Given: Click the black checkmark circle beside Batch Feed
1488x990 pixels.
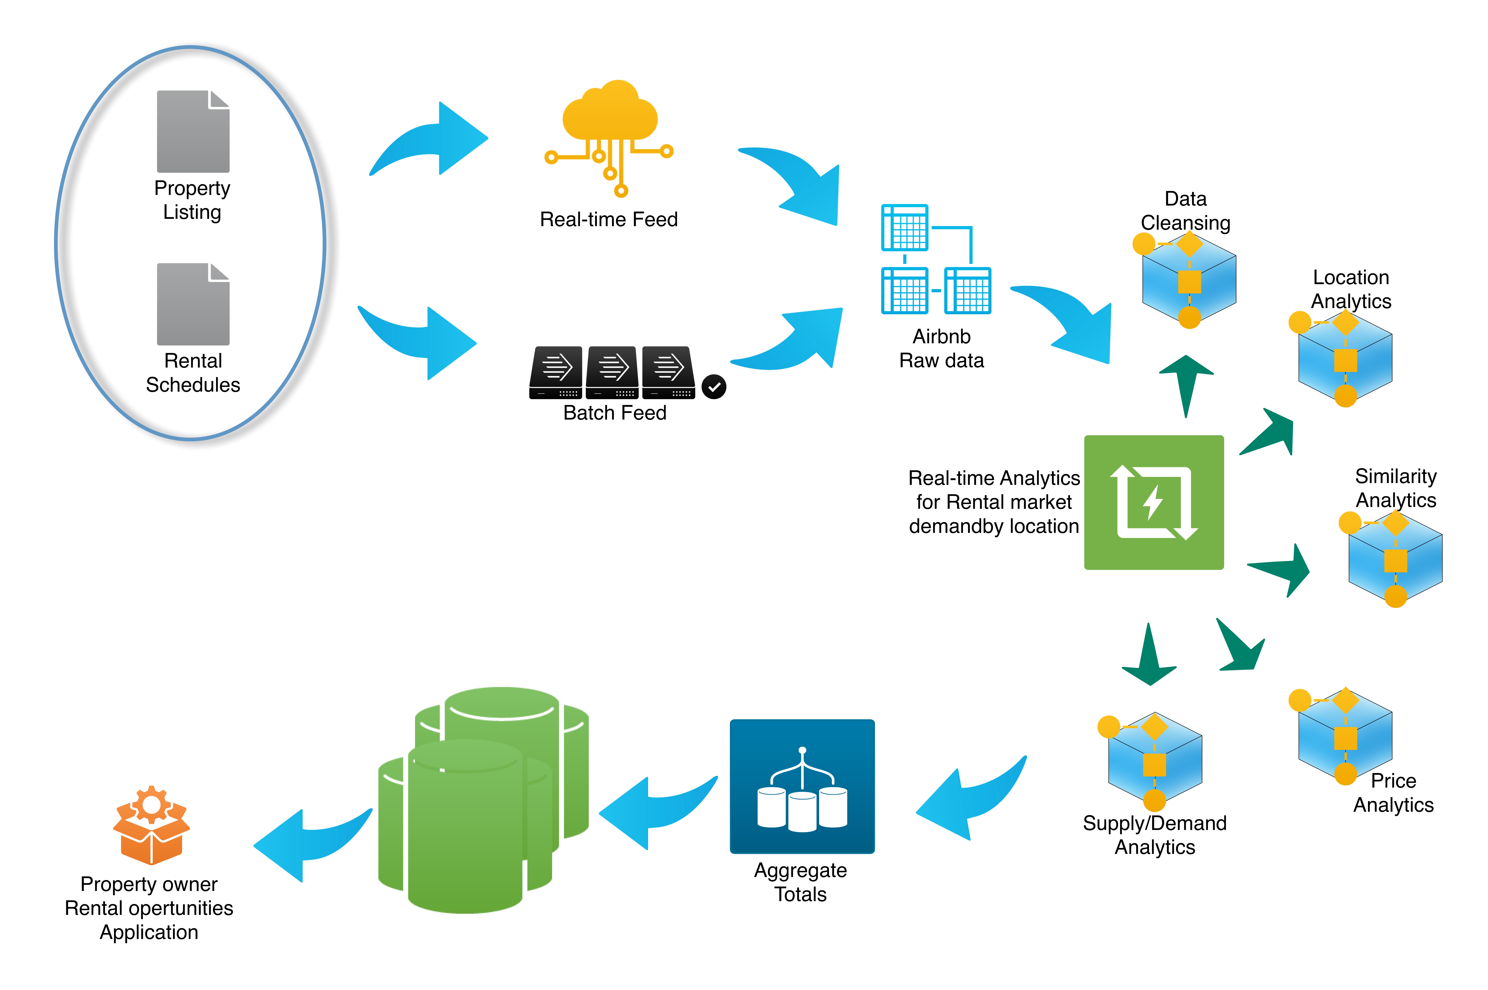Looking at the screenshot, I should pyautogui.click(x=714, y=386).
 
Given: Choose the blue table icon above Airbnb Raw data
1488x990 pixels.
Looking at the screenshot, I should pyautogui.click(x=936, y=259).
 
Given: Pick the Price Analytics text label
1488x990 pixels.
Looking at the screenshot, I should pyautogui.click(x=1393, y=793).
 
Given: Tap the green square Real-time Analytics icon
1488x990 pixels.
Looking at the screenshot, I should pyautogui.click(x=1153, y=503).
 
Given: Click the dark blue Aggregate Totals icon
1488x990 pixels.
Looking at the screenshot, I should pyautogui.click(x=802, y=786).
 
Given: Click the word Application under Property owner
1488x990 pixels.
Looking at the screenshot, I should pyautogui.click(x=149, y=932).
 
